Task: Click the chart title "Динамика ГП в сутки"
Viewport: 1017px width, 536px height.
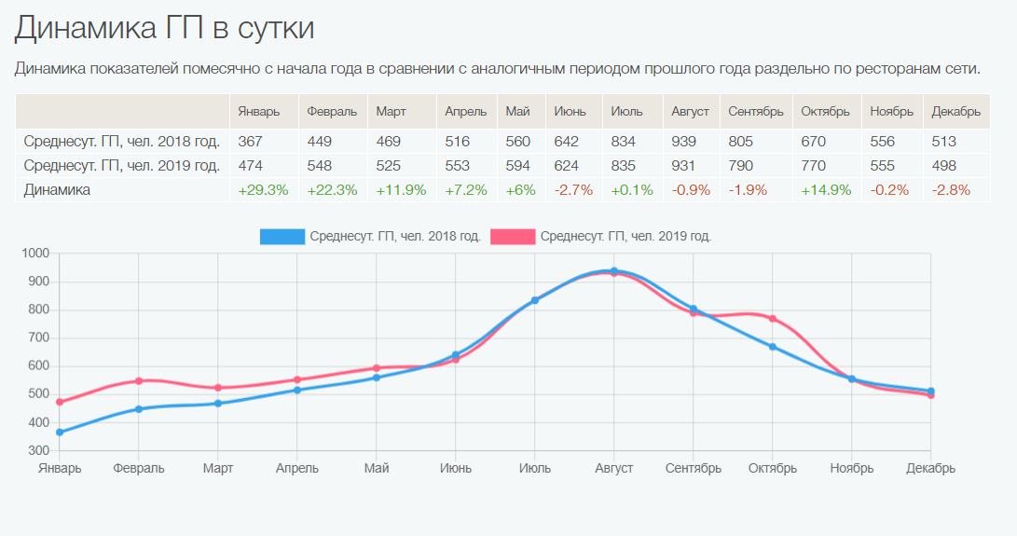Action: click(x=164, y=28)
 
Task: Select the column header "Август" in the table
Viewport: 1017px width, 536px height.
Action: click(x=690, y=112)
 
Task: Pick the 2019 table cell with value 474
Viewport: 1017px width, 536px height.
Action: click(x=251, y=166)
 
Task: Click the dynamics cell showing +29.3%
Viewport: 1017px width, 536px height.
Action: click(x=263, y=190)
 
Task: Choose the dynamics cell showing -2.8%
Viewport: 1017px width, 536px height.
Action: click(x=951, y=190)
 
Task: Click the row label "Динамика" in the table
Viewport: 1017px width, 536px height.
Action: click(x=57, y=190)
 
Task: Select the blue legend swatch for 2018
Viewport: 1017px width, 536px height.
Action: click(x=282, y=237)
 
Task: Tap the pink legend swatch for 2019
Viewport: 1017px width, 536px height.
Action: click(x=513, y=237)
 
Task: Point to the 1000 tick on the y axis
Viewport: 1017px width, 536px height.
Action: click(x=34, y=254)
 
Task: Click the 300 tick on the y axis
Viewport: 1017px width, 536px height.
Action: click(x=38, y=451)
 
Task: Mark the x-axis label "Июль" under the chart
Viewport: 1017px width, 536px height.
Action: click(x=535, y=469)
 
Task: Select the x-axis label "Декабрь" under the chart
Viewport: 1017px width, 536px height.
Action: click(x=930, y=469)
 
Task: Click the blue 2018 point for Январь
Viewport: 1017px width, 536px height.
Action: click(x=60, y=433)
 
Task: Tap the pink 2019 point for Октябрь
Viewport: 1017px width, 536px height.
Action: click(x=773, y=319)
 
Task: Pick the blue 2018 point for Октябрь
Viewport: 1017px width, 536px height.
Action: click(x=773, y=347)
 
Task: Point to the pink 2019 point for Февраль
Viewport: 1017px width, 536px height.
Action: click(x=139, y=381)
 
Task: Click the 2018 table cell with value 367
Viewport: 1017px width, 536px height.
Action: click(x=251, y=142)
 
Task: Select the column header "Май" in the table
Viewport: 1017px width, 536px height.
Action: click(x=518, y=112)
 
